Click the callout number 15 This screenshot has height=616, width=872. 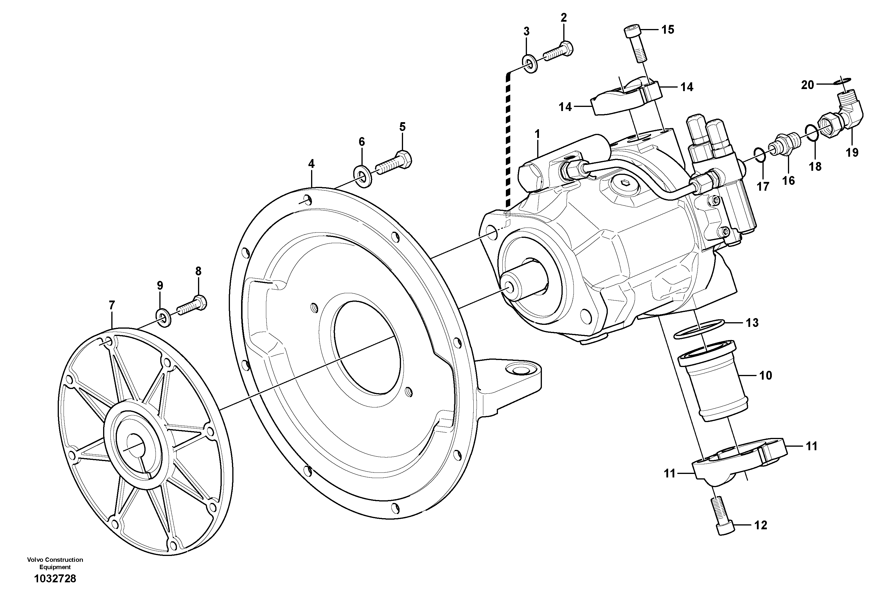point(668,29)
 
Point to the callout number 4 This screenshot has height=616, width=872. point(311,164)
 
